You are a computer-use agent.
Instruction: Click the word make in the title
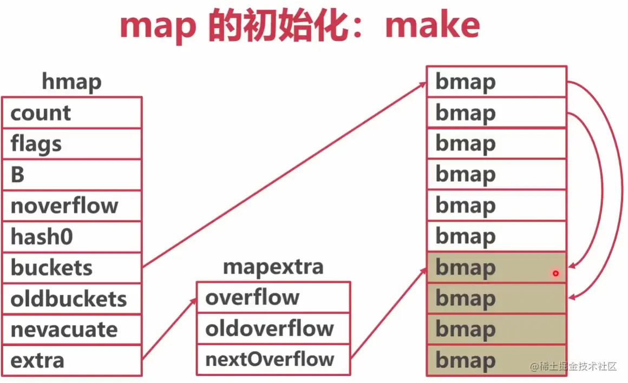click(x=432, y=25)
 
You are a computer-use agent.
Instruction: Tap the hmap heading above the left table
click(x=71, y=82)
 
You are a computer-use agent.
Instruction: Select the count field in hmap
click(x=71, y=113)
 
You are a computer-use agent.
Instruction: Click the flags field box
click(x=71, y=144)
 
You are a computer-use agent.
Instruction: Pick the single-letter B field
click(x=71, y=175)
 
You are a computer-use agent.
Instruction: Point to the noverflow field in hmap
click(x=71, y=206)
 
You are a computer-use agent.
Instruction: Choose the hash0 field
click(x=71, y=236)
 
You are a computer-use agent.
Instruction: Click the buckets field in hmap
click(x=71, y=268)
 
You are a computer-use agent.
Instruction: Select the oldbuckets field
click(x=71, y=299)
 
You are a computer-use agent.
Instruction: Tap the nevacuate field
click(x=71, y=329)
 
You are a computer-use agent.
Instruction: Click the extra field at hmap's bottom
click(x=71, y=360)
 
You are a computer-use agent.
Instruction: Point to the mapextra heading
click(x=273, y=267)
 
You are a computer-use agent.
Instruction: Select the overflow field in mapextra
click(x=273, y=297)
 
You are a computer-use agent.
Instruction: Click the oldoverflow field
click(x=273, y=328)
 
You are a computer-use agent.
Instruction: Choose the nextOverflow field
click(x=273, y=359)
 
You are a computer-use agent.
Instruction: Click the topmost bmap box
click(x=496, y=82)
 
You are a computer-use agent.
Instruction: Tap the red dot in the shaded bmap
click(x=555, y=273)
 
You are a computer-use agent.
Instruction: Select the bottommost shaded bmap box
click(x=496, y=360)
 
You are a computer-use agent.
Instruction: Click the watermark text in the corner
click(x=574, y=366)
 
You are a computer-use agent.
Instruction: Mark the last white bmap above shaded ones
click(x=496, y=236)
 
